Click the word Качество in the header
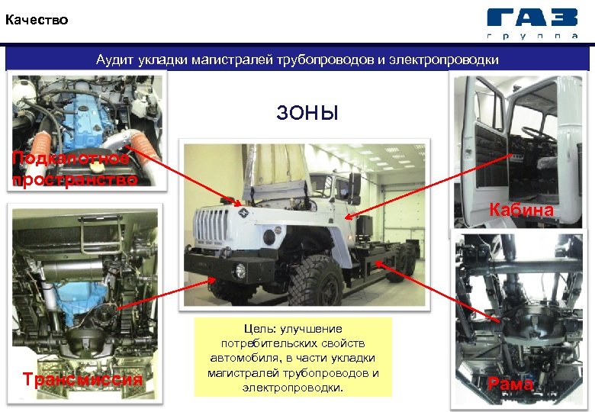[37, 20]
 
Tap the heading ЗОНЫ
[307, 113]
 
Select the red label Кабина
[521, 209]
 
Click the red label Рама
[510, 383]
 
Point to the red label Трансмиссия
[82, 379]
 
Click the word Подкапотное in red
[71, 158]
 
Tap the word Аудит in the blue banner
[114, 60]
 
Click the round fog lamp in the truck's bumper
[240, 270]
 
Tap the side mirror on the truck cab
[355, 188]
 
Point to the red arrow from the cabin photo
[429, 186]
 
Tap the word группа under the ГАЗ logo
[532, 36]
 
